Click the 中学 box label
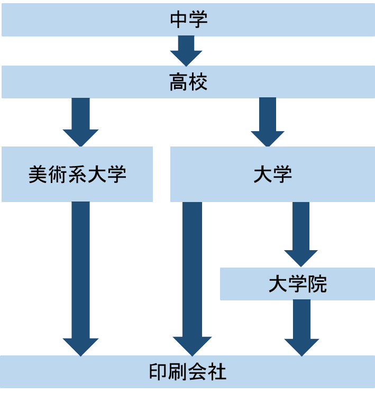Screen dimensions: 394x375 click(188, 20)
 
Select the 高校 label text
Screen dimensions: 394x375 click(188, 83)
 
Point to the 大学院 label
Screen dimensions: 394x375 click(297, 285)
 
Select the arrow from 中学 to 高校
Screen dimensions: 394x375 click(186, 50)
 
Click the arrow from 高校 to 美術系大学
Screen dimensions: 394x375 click(80, 122)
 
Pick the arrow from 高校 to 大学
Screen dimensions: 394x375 click(268, 122)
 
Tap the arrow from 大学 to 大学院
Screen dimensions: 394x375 click(300, 233)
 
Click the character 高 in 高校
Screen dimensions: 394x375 click(178, 83)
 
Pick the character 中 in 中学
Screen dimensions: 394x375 click(178, 20)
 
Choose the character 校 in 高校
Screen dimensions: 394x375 click(198, 83)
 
